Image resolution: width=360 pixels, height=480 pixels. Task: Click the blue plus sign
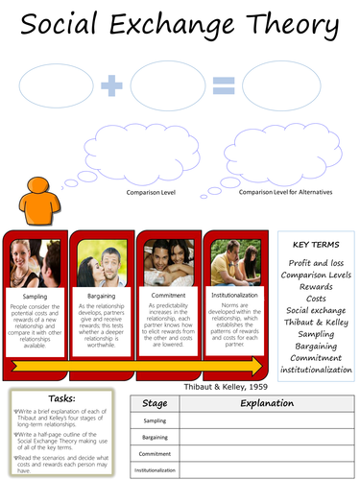tap(113, 87)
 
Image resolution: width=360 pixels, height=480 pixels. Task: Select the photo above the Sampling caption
tap(35, 258)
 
